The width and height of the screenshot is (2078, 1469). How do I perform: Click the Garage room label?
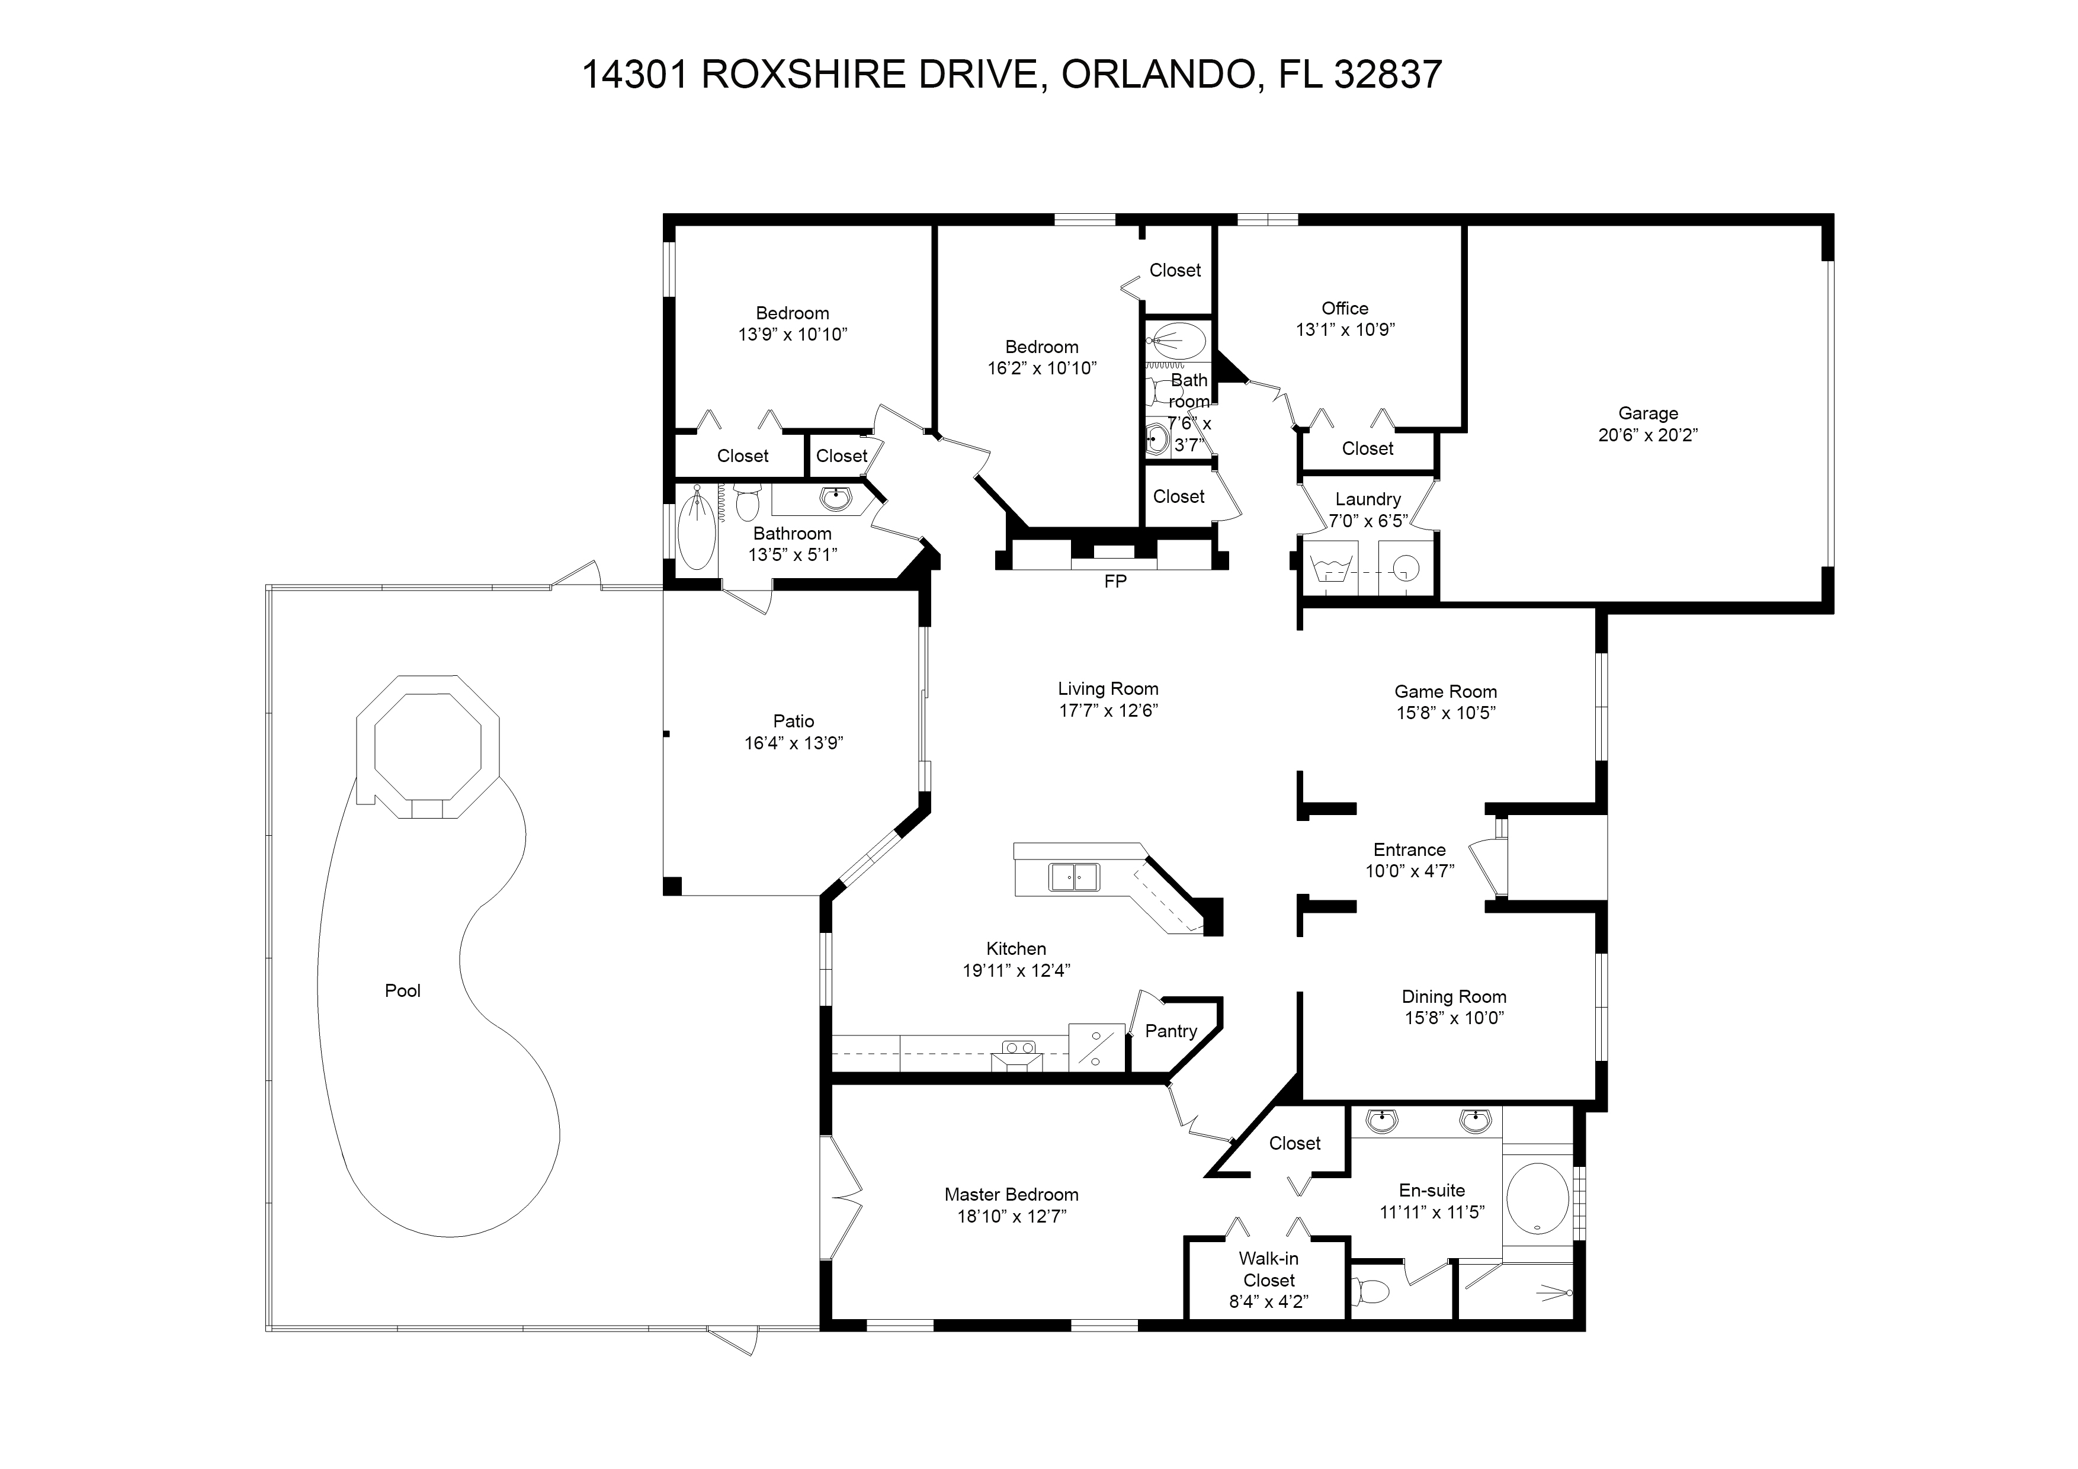1647,413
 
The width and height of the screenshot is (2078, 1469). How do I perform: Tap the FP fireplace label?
1114,582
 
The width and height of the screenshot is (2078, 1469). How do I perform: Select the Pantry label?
1171,1031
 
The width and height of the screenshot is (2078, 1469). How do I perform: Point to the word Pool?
403,991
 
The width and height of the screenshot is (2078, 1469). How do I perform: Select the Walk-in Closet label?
1268,1269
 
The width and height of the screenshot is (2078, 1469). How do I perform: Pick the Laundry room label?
1368,499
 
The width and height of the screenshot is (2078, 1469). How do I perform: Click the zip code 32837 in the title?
1387,74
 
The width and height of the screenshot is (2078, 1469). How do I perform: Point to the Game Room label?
1445,691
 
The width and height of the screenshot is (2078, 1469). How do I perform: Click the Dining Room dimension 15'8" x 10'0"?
1454,1018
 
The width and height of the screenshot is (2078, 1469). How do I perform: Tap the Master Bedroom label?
1011,1195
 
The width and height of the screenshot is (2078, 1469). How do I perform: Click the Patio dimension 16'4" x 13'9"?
794,743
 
